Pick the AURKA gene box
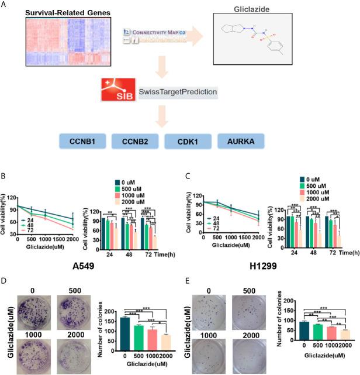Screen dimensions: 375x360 (x=240, y=142)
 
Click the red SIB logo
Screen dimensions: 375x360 (x=115, y=92)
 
